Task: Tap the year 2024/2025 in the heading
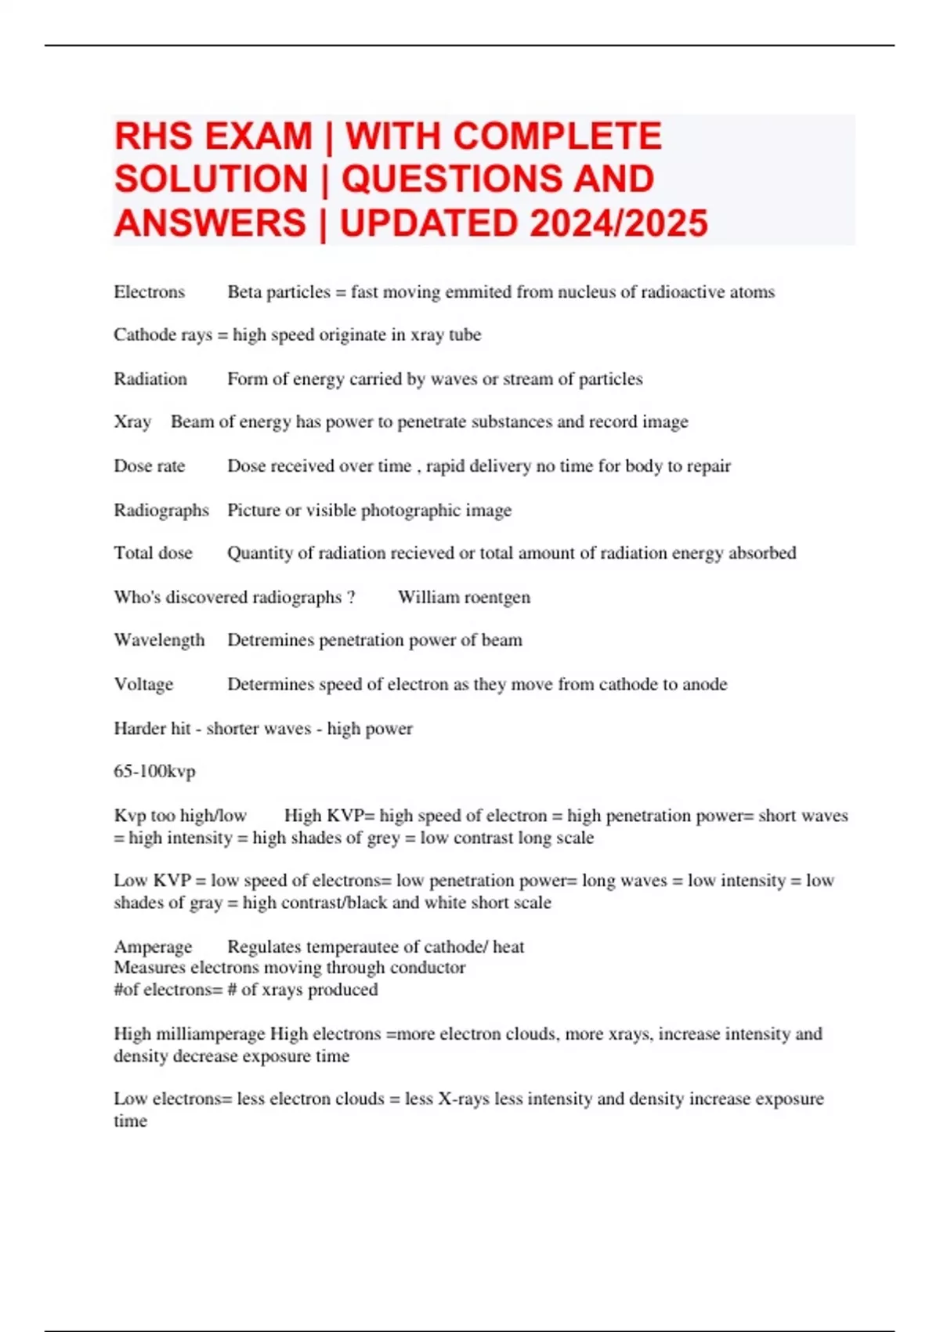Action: [x=618, y=223]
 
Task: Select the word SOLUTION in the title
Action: [x=211, y=179]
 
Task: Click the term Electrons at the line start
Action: [x=149, y=292]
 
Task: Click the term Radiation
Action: [x=150, y=379]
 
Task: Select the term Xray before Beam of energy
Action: [x=132, y=422]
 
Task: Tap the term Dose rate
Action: [x=149, y=466]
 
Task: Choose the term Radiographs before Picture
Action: [x=161, y=510]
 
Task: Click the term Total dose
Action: [x=153, y=553]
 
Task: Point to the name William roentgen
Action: [x=464, y=597]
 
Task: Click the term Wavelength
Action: [x=158, y=641]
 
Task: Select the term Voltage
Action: [x=143, y=685]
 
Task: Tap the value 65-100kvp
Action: [x=154, y=772]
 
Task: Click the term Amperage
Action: [x=152, y=947]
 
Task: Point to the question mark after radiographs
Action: [x=351, y=597]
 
